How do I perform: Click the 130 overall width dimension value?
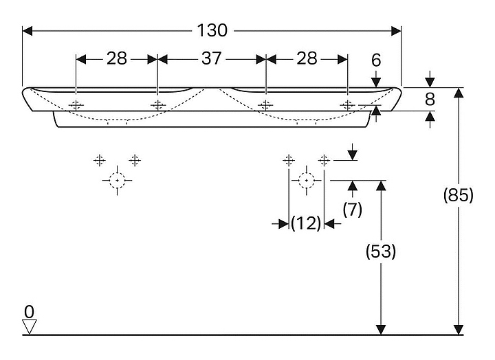click(x=212, y=31)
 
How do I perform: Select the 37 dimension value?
click(x=212, y=59)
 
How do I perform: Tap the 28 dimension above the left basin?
click(x=117, y=59)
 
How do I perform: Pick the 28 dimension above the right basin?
click(x=307, y=59)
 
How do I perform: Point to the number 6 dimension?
click(x=375, y=60)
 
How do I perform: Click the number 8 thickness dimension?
click(x=430, y=100)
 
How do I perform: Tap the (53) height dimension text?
click(x=380, y=252)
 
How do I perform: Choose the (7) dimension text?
click(x=352, y=210)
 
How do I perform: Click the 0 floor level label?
click(x=28, y=310)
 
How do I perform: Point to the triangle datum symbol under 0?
click(x=28, y=326)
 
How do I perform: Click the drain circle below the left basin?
click(x=118, y=181)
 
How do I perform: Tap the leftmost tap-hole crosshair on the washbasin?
click(x=76, y=105)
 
